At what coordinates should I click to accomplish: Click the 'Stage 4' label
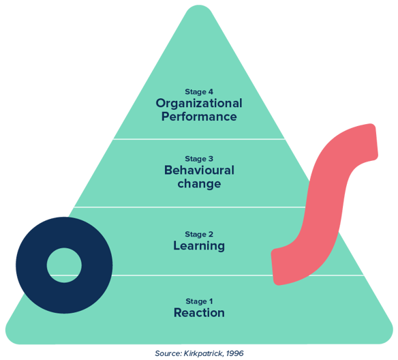click(x=199, y=92)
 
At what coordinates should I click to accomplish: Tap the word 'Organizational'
click(x=199, y=104)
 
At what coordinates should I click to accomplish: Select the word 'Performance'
click(x=199, y=117)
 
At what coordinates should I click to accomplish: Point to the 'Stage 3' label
click(x=199, y=159)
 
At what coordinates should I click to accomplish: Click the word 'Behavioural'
click(x=199, y=170)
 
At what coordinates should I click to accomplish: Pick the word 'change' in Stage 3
click(x=199, y=184)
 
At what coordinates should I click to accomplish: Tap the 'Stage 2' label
click(x=199, y=235)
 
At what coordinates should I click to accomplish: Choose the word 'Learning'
click(x=199, y=246)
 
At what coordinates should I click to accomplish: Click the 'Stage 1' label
click(x=199, y=301)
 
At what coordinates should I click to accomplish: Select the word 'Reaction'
click(x=199, y=312)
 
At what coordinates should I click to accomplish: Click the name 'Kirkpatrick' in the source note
click(x=204, y=353)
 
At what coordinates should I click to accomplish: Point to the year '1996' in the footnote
click(x=235, y=353)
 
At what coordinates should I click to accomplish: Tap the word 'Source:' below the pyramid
click(x=168, y=353)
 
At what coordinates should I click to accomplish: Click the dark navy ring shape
click(x=31, y=265)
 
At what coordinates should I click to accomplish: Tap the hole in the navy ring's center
click(x=64, y=265)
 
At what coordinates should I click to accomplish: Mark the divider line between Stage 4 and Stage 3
click(x=199, y=139)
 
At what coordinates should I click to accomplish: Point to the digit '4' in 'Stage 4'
click(x=211, y=91)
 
